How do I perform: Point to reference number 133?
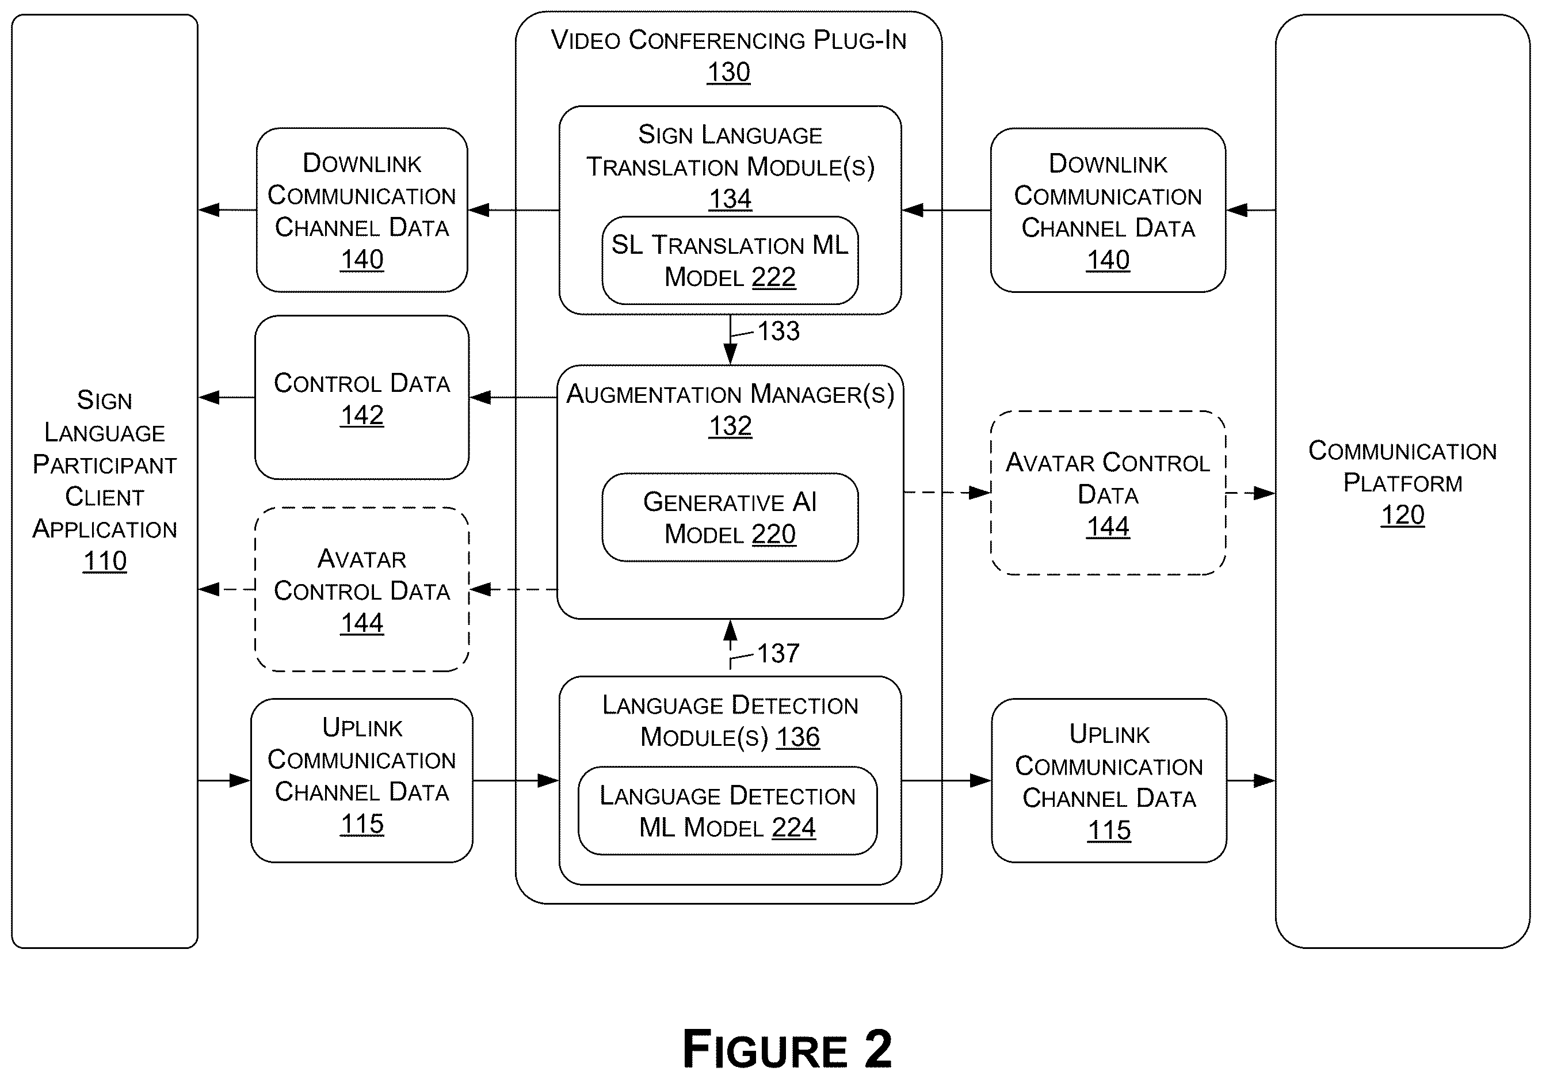pos(778,331)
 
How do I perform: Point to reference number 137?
pos(778,653)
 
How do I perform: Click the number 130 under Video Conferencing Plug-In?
pos(728,72)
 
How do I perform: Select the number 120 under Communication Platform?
pos(1402,514)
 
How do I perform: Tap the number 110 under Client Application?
pos(105,561)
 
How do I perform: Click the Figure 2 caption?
pos(787,1049)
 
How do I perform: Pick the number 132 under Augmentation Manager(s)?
pos(730,425)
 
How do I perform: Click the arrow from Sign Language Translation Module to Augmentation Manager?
pos(730,340)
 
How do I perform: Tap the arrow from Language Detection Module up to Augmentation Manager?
pos(730,645)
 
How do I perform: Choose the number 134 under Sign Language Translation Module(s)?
pos(730,199)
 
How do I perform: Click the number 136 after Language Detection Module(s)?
pos(798,737)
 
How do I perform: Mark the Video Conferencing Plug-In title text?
pos(728,40)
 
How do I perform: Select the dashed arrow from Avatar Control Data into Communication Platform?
pos(1250,493)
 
